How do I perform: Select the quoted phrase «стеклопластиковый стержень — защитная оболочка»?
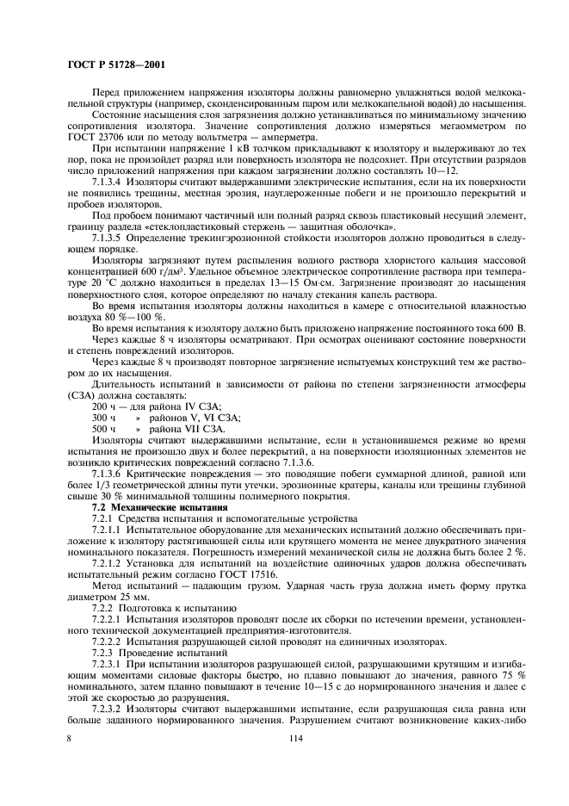288,226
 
